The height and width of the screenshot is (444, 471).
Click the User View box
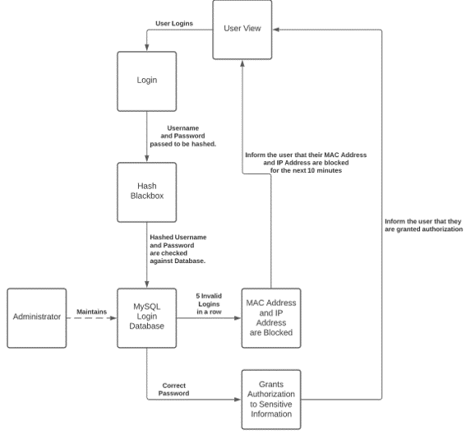[x=242, y=30]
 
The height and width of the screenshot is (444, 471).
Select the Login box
[x=146, y=81]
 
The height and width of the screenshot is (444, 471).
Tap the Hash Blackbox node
[x=146, y=192]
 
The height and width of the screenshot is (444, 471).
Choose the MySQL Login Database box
[x=146, y=318]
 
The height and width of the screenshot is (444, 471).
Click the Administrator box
[x=37, y=318]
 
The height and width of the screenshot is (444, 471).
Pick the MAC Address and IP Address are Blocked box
[x=271, y=318]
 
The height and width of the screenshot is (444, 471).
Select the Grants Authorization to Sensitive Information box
[x=271, y=400]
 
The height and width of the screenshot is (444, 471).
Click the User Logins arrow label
[x=174, y=23]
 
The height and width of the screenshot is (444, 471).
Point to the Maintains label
[x=91, y=312]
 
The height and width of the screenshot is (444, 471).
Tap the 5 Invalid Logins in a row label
[x=209, y=303]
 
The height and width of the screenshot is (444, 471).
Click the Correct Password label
[x=173, y=390]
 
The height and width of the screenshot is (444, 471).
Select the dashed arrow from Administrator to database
[x=91, y=318]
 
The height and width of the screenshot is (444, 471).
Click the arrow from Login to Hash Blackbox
[x=146, y=136]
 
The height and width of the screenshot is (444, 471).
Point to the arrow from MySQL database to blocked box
[x=209, y=318]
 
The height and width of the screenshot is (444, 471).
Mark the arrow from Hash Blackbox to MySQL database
[x=146, y=256]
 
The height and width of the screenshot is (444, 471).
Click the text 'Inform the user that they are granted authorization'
[x=423, y=225]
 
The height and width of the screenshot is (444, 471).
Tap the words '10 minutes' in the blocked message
[x=327, y=170]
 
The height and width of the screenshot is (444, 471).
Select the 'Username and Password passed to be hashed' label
[x=183, y=136]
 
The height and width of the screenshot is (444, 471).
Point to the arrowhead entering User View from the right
[x=275, y=30]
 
